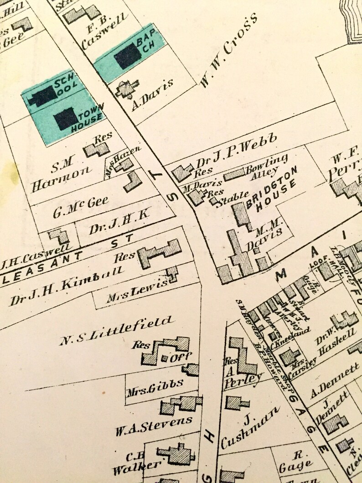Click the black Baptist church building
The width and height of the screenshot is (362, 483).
coord(127,57)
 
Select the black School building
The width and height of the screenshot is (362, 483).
coord(43,96)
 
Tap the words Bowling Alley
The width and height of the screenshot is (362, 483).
coord(268,167)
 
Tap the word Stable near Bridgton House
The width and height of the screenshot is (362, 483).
coord(233,195)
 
